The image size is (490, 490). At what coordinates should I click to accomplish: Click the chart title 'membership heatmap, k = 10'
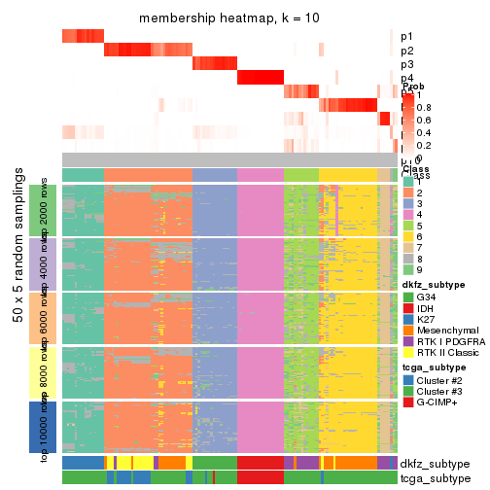pyautogui.click(x=228, y=19)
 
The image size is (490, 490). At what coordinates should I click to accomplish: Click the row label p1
pyautogui.click(x=406, y=36)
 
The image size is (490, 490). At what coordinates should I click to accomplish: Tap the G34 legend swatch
pyautogui.click(x=408, y=297)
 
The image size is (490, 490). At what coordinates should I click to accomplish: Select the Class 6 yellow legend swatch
pyautogui.click(x=408, y=236)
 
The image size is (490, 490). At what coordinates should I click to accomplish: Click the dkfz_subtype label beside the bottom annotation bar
pyautogui.click(x=435, y=463)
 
